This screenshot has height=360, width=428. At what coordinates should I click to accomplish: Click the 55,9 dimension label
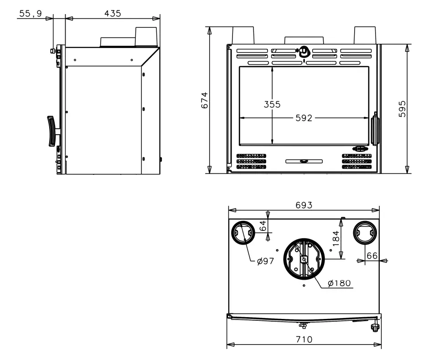click(x=30, y=13)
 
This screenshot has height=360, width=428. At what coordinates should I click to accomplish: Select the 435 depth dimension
click(x=113, y=13)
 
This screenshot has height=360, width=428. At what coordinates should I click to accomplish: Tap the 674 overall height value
click(x=205, y=100)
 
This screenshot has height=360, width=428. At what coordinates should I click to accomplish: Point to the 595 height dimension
click(x=402, y=109)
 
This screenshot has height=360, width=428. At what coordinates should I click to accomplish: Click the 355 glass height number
click(x=272, y=104)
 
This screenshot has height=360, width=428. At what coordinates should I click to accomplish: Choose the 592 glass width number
click(x=304, y=118)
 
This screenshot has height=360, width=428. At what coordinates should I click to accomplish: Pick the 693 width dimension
click(x=304, y=205)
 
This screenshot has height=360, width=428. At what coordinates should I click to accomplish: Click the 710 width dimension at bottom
click(x=304, y=339)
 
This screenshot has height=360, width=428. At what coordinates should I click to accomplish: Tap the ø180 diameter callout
click(x=339, y=283)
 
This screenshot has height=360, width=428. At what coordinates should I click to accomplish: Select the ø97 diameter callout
click(x=265, y=261)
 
